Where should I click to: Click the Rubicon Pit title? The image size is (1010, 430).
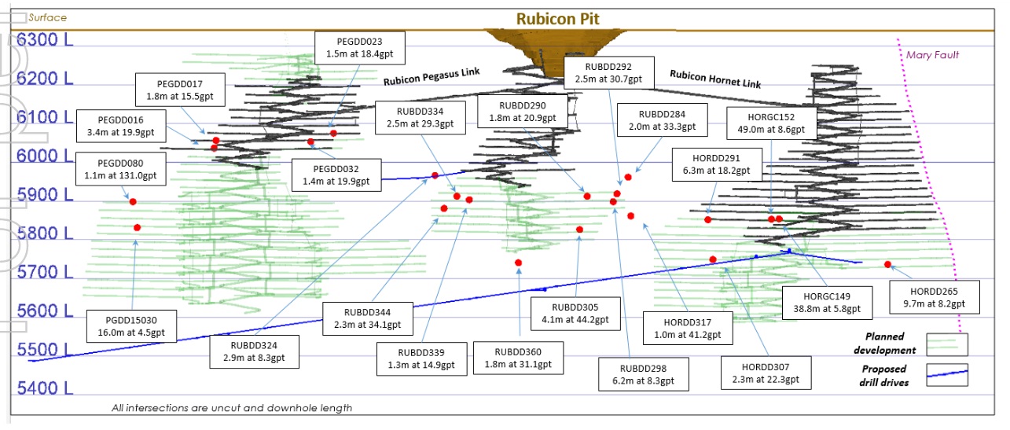(557, 18)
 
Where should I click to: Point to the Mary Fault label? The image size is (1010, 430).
(932, 55)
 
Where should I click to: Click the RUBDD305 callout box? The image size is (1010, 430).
(575, 314)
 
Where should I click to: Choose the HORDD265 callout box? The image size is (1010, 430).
(934, 296)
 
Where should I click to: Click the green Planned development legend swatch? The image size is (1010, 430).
(946, 344)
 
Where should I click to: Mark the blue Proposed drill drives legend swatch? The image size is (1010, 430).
(946, 374)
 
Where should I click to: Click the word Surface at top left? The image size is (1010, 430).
(47, 17)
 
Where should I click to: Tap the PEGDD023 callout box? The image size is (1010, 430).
(359, 48)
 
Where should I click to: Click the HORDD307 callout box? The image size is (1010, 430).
(765, 373)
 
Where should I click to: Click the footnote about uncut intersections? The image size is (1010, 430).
(232, 408)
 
